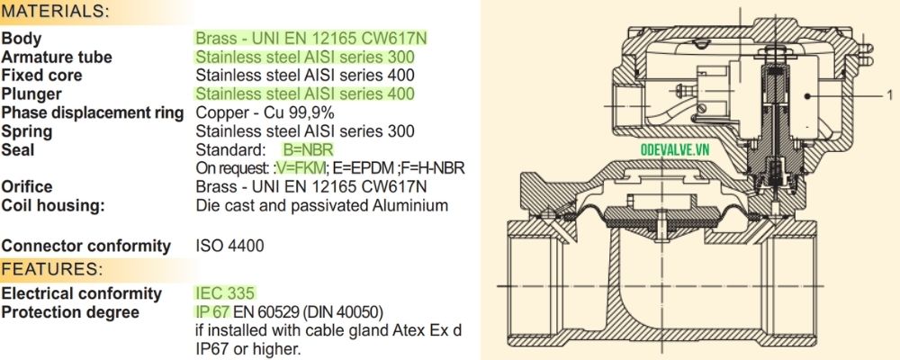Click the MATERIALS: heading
[57, 13]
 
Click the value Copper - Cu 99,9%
[265, 112]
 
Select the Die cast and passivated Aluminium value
[321, 205]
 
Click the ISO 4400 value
[230, 246]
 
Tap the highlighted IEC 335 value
[226, 293]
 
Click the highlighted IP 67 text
[213, 312]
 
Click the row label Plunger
[31, 94]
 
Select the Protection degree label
[70, 312]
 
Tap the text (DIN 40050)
[346, 312]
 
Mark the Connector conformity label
[86, 246]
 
